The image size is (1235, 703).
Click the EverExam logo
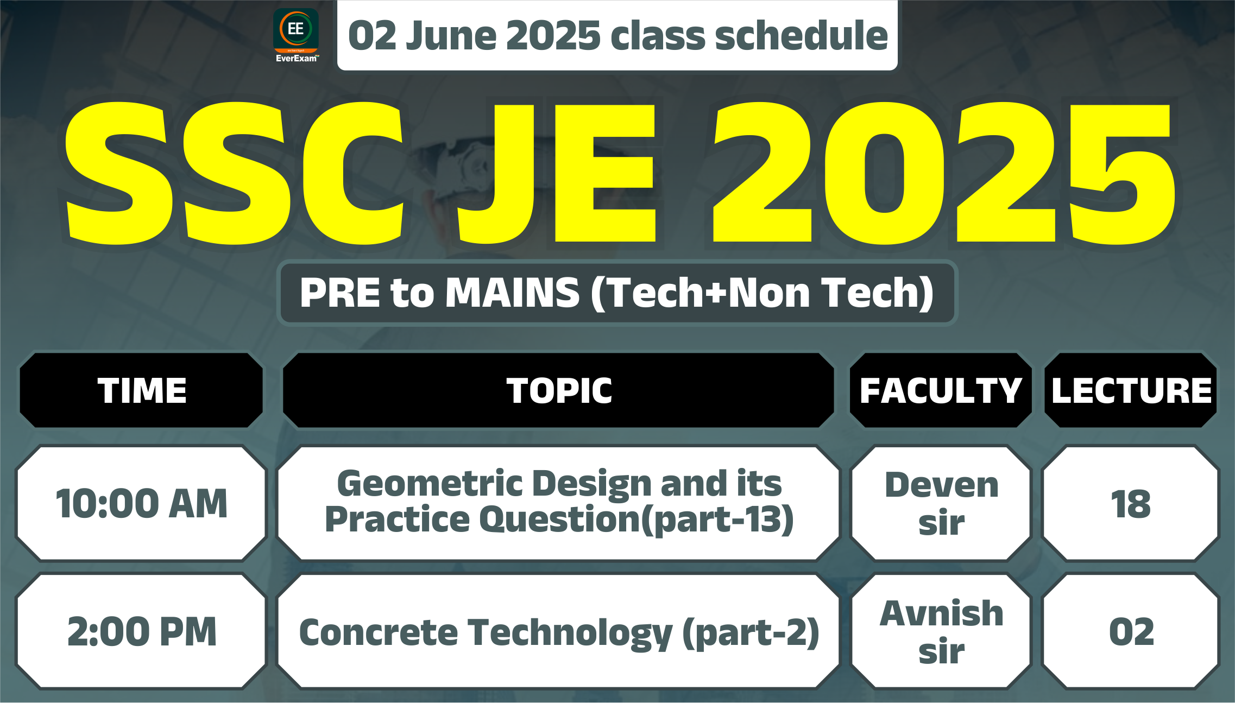coord(296,36)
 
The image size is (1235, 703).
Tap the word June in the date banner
coord(449,36)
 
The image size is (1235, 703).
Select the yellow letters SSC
coord(234,173)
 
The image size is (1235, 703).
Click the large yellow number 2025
coord(944,173)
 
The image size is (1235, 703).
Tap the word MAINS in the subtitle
coord(513,293)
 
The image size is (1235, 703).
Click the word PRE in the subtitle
coord(340,293)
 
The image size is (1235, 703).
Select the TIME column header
coord(141,390)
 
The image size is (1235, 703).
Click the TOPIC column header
coord(559,390)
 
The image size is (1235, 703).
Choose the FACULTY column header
coord(941,390)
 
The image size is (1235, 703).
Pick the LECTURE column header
coord(1131,390)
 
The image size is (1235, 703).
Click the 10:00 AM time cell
coord(141,503)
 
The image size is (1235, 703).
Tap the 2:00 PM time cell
coord(141,631)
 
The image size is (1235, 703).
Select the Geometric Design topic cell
coord(559,503)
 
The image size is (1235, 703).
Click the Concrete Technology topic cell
coord(559,631)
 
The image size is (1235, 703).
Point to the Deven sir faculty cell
coord(941,503)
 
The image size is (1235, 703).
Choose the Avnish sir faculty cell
coord(941,631)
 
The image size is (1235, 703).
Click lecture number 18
coord(1131,503)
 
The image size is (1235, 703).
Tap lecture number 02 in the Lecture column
coord(1131,631)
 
